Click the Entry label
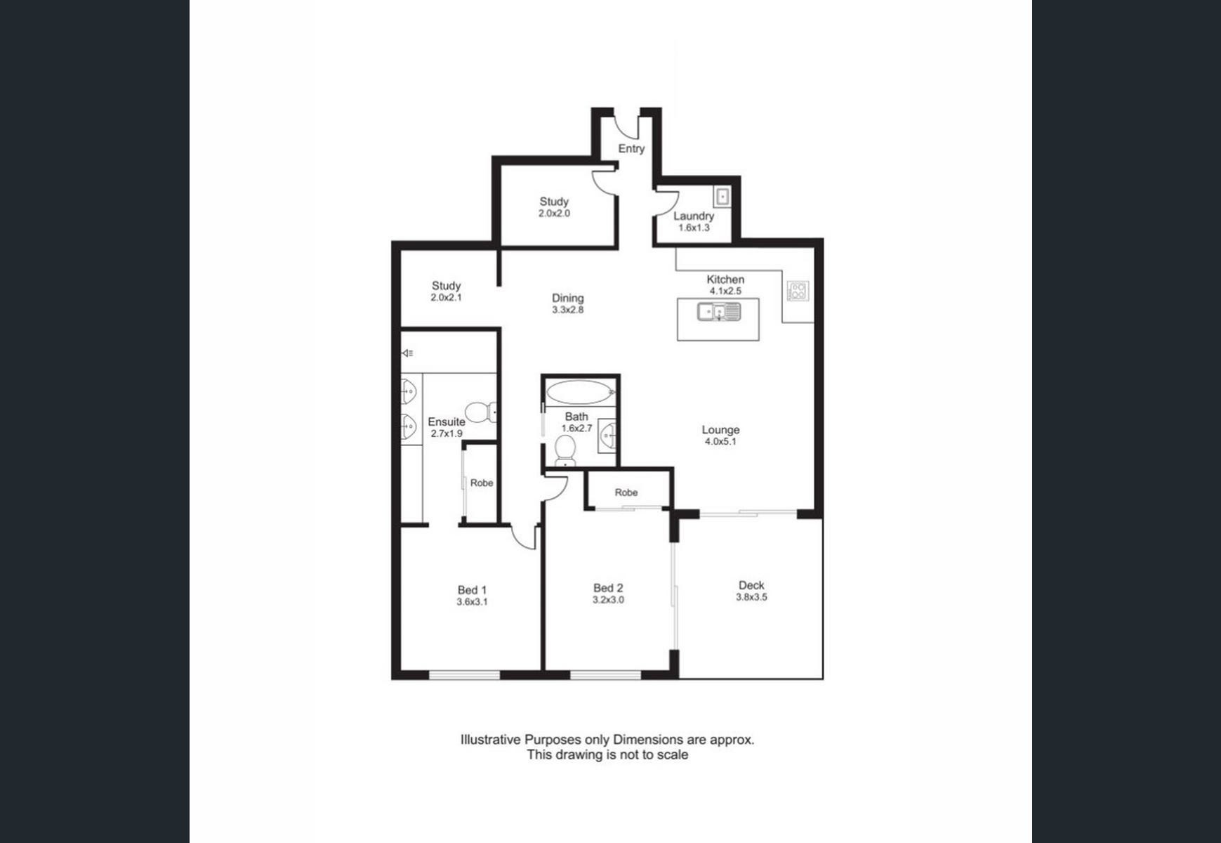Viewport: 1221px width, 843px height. [631, 149]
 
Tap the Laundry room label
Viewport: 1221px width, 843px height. [694, 216]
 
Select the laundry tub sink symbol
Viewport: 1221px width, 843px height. [722, 197]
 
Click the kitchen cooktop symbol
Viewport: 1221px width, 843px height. [798, 291]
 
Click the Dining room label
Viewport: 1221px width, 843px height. [568, 298]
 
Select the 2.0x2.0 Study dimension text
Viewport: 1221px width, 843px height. [554, 214]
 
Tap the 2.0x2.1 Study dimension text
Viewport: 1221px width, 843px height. [446, 298]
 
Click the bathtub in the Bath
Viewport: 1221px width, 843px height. [580, 392]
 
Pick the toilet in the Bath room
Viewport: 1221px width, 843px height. [565, 451]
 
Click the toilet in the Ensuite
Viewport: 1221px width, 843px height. [481, 412]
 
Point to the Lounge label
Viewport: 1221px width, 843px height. [720, 430]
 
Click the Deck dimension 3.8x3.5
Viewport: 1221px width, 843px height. [751, 598]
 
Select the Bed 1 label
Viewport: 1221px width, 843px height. [472, 590]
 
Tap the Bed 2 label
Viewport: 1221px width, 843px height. [608, 588]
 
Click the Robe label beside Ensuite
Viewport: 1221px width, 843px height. [482, 483]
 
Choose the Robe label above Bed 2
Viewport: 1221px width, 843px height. [626, 492]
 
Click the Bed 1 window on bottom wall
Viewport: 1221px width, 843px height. [464, 676]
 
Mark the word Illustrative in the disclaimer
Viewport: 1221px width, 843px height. [491, 740]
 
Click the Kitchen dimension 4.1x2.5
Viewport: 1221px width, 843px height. [725, 291]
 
